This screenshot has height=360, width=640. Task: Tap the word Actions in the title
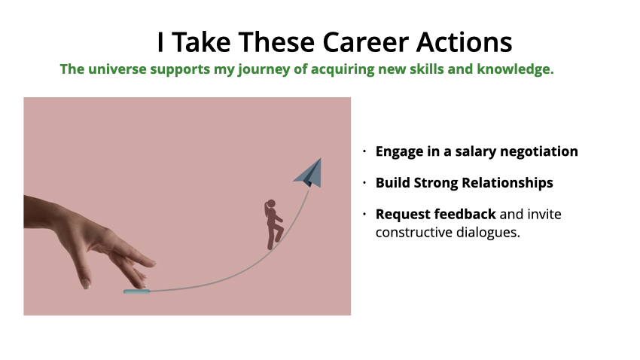tap(464, 42)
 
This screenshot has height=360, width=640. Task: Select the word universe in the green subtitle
tap(117, 69)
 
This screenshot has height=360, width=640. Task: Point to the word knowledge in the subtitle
tap(515, 69)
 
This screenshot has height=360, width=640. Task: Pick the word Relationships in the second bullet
tap(507, 183)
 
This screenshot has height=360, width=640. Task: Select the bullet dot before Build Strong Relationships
tap(364, 183)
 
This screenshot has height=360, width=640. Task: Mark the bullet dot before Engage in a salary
tap(364, 151)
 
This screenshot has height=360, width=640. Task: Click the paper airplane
tap(308, 173)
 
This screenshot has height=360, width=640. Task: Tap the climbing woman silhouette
tap(273, 224)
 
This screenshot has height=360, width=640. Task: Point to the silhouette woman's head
tap(271, 204)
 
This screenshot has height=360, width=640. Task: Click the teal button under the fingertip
tap(136, 291)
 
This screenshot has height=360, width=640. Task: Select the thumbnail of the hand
tap(85, 284)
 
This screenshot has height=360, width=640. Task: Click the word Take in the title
tap(201, 42)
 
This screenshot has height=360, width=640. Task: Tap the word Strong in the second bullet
tap(436, 183)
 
